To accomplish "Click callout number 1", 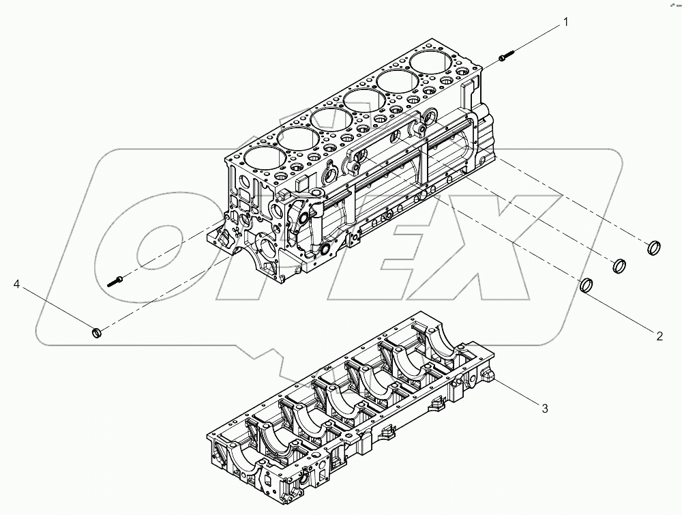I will coord(565,23).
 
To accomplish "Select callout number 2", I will coord(659,335).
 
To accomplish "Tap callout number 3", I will coord(544,409).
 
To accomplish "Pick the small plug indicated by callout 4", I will coord(97,333).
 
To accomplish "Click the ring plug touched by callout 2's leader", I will coord(587,284).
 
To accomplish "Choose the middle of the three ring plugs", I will coord(620,265).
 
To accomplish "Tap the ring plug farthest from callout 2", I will coord(653,246).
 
